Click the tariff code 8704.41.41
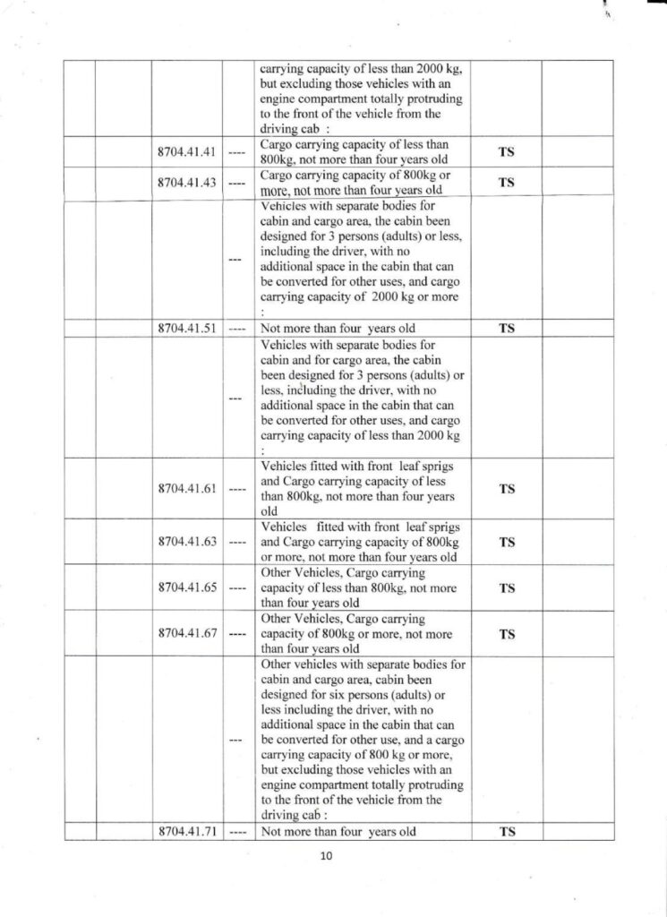pyautogui.click(x=187, y=152)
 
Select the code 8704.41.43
pyautogui.click(x=187, y=183)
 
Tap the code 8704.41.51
pyautogui.click(x=187, y=328)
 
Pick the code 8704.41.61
pyautogui.click(x=187, y=489)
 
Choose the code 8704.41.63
pyautogui.click(x=187, y=542)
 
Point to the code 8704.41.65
pyautogui.click(x=187, y=588)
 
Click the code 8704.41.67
pyautogui.click(x=187, y=635)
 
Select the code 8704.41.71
pyautogui.click(x=187, y=832)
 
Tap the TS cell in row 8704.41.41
pyautogui.click(x=506, y=152)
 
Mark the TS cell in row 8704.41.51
pyautogui.click(x=506, y=328)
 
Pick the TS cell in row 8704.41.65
pyautogui.click(x=506, y=588)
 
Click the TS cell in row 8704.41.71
pyautogui.click(x=506, y=832)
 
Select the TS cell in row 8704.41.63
pyautogui.click(x=506, y=542)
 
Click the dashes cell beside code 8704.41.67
pyautogui.click(x=237, y=635)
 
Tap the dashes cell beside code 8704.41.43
pyautogui.click(x=237, y=183)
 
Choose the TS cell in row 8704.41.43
pyautogui.click(x=506, y=183)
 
